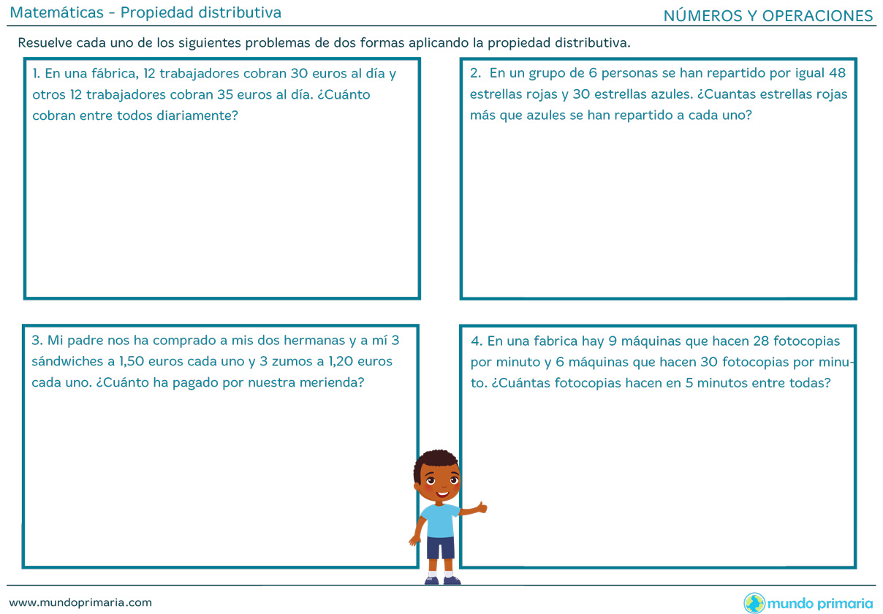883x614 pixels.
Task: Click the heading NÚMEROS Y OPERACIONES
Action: pos(768,16)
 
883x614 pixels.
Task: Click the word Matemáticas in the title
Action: pos(56,12)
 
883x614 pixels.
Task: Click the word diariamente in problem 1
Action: pos(197,115)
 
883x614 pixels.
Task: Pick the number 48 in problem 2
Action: pos(838,73)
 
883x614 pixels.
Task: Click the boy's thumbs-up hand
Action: pos(480,506)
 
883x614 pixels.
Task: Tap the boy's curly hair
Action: pos(435,460)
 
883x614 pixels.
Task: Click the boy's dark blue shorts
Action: pos(440,546)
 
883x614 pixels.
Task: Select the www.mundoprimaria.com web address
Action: pos(80,602)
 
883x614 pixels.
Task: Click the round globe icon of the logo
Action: pos(754,603)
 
